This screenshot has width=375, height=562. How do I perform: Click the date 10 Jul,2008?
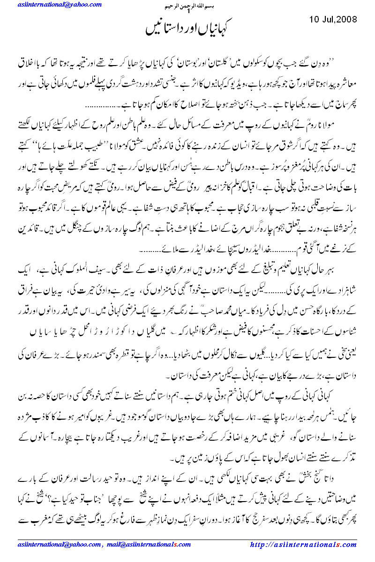click(333, 20)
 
